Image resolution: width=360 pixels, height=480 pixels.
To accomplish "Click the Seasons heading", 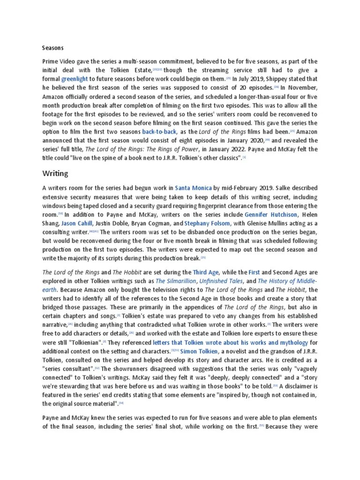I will tap(52, 48).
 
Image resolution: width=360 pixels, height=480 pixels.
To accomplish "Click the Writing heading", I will tap(55, 173).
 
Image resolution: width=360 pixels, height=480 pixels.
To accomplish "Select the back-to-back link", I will tap(159, 132).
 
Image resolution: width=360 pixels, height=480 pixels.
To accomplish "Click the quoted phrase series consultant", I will tap(68, 368).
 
